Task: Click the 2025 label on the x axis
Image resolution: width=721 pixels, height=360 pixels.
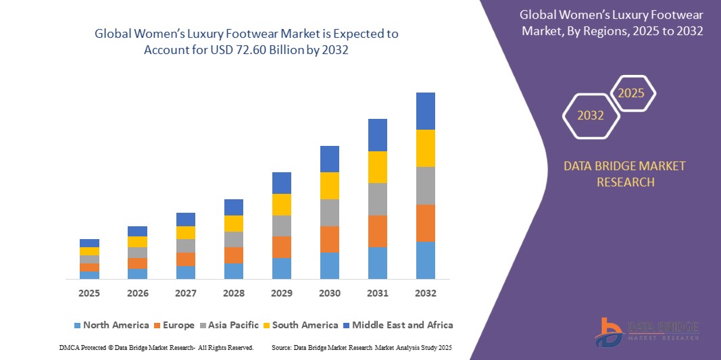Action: [89, 293]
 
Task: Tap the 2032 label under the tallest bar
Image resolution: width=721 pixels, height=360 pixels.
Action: [425, 293]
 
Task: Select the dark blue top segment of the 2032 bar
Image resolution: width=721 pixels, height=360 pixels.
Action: [425, 111]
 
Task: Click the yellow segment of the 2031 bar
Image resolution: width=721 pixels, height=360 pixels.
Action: [377, 167]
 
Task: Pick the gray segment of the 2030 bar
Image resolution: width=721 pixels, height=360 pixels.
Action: [329, 212]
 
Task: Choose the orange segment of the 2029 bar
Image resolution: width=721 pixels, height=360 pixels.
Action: [281, 247]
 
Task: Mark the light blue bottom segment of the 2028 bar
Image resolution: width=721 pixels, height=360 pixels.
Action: [233, 271]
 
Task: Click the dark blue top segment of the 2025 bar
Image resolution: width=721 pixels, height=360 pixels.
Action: [89, 242]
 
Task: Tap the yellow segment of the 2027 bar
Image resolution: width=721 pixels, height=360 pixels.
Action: [185, 232]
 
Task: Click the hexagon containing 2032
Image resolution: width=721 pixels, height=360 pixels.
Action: [591, 115]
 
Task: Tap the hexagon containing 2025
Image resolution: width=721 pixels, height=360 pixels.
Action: [632, 93]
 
